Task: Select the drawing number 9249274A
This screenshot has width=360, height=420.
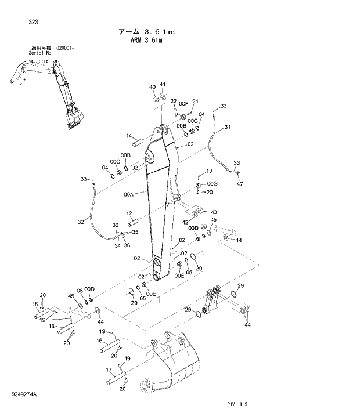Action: pyautogui.click(x=23, y=394)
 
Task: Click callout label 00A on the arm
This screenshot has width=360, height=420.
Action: pyautogui.click(x=129, y=195)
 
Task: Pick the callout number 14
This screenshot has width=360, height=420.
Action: pyautogui.click(x=129, y=136)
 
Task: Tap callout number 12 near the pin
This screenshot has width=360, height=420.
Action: pyautogui.click(x=129, y=213)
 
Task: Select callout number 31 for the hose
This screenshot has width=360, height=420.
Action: pyautogui.click(x=227, y=127)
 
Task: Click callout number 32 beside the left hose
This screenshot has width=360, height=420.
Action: pyautogui.click(x=81, y=221)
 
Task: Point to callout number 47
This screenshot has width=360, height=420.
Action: pyautogui.click(x=240, y=184)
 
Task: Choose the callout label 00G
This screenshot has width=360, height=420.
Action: pyautogui.click(x=212, y=183)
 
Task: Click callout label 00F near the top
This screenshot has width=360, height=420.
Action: pyautogui.click(x=183, y=103)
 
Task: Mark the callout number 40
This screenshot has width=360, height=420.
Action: pyautogui.click(x=152, y=87)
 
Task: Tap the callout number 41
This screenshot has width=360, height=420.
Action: pyautogui.click(x=163, y=85)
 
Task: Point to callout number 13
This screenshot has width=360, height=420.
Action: pyautogui.click(x=52, y=327)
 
